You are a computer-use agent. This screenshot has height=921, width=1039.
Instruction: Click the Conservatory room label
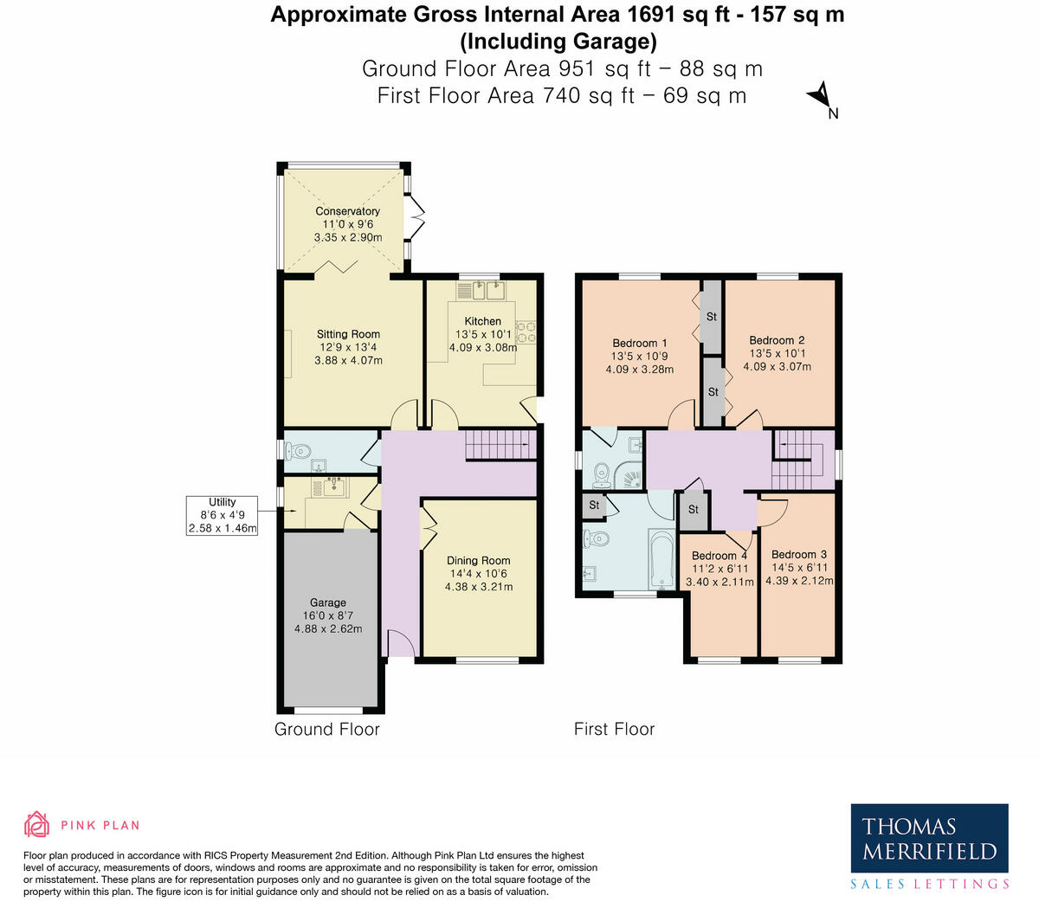(x=347, y=211)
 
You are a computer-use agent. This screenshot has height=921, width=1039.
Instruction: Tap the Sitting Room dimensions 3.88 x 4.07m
(x=348, y=360)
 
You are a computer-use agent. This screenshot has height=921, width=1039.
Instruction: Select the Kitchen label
(x=482, y=321)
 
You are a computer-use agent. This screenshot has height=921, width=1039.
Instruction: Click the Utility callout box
(x=223, y=515)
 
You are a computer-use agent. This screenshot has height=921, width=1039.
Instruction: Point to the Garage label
(x=327, y=602)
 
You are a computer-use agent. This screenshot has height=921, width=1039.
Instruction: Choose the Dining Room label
(x=478, y=560)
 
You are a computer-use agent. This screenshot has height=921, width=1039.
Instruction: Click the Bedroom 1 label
(x=639, y=343)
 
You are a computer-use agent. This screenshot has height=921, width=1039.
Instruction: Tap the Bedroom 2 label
(x=777, y=340)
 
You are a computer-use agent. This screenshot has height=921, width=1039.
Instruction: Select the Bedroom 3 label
(x=798, y=555)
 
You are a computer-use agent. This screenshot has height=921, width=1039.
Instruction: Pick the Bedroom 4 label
(x=719, y=556)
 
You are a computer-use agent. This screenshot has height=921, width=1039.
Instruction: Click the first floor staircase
(x=797, y=459)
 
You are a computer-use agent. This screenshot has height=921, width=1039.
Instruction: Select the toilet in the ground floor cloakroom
(x=299, y=451)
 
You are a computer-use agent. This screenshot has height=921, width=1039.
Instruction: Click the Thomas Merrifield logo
(x=929, y=847)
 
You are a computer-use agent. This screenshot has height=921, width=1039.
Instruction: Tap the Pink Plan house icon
(x=36, y=825)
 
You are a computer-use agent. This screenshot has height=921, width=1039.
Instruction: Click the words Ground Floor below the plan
(x=326, y=729)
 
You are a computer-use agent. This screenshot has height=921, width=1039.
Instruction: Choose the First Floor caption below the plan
(x=614, y=729)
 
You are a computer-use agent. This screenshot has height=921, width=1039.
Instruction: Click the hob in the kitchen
(x=526, y=332)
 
